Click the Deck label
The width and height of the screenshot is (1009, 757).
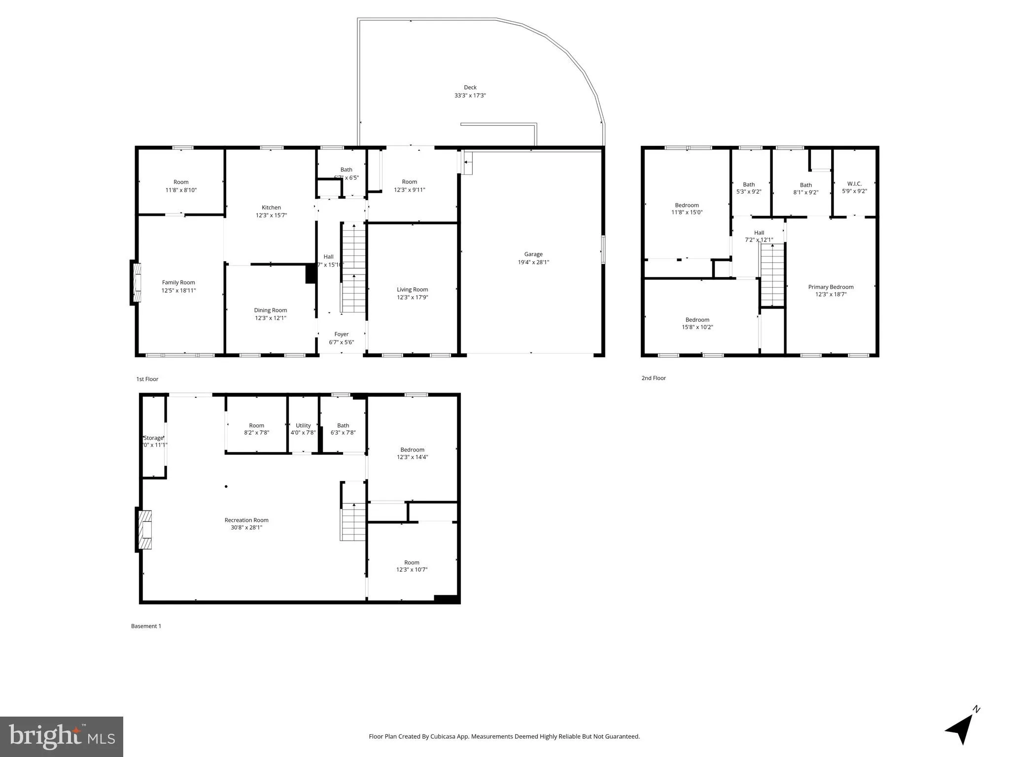[470, 88]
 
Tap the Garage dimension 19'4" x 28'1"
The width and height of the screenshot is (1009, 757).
[533, 262]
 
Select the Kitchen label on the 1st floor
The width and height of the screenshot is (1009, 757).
[271, 207]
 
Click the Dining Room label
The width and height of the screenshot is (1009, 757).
[270, 310]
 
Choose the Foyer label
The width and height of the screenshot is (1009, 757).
[341, 334]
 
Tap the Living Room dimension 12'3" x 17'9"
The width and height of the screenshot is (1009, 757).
[412, 297]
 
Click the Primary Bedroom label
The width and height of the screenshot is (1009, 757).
[831, 287]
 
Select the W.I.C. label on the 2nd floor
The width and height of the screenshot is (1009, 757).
[854, 184]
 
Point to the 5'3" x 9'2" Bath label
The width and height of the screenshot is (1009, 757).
[749, 185]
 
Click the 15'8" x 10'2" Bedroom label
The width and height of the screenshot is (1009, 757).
[697, 320]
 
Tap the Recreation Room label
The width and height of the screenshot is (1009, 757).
[246, 520]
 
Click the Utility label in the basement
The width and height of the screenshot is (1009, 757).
[303, 425]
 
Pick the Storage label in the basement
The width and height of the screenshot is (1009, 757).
[153, 438]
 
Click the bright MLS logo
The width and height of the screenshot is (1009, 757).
[62, 736]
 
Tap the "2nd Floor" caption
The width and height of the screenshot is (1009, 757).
[654, 378]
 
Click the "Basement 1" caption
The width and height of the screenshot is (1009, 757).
[146, 626]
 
